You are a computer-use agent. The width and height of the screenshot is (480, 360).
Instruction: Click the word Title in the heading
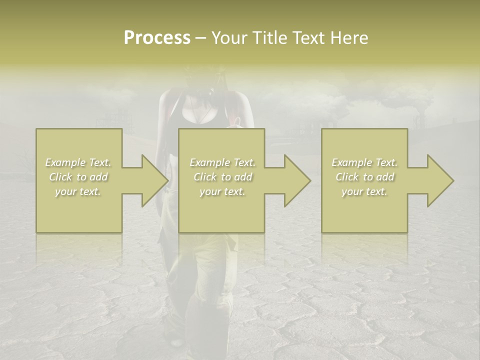pyautogui.click(x=270, y=38)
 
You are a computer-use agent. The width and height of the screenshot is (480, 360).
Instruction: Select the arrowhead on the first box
pyautogui.click(x=155, y=180)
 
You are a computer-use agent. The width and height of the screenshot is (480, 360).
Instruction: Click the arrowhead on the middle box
pyautogui.click(x=297, y=180)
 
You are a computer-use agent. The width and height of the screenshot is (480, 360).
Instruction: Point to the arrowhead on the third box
pyautogui.click(x=440, y=180)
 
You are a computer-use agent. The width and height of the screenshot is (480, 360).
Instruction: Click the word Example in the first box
pyautogui.click(x=65, y=162)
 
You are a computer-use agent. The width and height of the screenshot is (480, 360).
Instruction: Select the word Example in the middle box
pyautogui.click(x=210, y=162)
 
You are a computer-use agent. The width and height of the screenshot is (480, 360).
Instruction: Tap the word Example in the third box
pyautogui.click(x=352, y=162)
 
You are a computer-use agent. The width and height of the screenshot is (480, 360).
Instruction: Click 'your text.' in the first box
pyautogui.click(x=78, y=191)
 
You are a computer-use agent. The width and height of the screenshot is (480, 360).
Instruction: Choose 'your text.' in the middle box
pyautogui.click(x=222, y=191)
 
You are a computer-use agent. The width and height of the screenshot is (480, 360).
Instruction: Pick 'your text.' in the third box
pyautogui.click(x=364, y=191)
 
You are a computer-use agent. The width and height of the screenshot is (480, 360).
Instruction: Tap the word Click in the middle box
pyautogui.click(x=205, y=177)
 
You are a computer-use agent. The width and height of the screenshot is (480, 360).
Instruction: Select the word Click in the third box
pyautogui.click(x=347, y=177)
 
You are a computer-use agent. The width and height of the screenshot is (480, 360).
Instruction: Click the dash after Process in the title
pyautogui.click(x=200, y=38)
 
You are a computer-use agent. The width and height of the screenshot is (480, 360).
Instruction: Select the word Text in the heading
pyautogui.click(x=308, y=38)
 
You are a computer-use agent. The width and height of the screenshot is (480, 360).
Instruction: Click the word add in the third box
pyautogui.click(x=384, y=177)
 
